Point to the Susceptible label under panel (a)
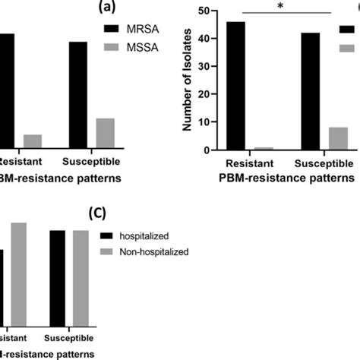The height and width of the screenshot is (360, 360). pos(92,163)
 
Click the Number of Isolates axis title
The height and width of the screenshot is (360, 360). pos(186,81)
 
